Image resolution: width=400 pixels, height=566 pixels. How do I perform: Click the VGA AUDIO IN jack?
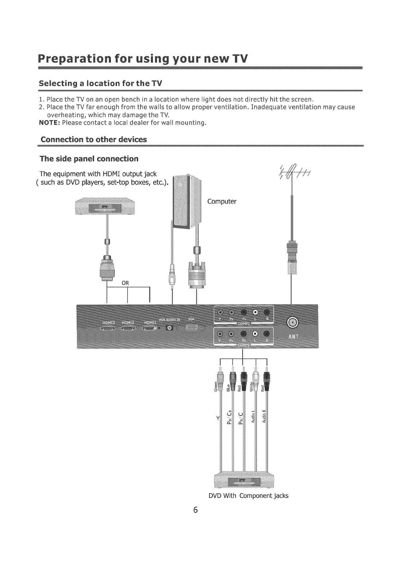[169, 328]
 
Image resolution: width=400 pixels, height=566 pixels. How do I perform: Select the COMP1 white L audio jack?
[255, 312]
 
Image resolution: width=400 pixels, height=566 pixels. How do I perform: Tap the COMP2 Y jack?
[220, 334]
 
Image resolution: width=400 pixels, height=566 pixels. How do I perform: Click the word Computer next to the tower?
[222, 202]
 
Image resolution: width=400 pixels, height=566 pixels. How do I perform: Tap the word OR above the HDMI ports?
[125, 283]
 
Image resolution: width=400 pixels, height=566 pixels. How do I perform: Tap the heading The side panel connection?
[89, 158]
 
